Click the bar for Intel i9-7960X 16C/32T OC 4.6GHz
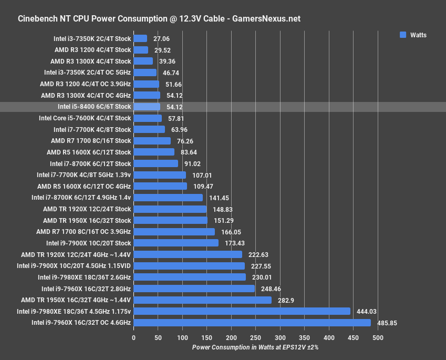[252, 323]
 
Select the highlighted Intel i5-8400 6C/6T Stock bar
[147, 107]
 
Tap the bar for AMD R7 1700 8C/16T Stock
[152, 141]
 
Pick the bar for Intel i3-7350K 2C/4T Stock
[140, 38]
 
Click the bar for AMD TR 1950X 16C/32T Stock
[171, 220]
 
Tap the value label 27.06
[161, 38]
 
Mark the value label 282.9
[284, 300]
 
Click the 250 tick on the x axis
[255, 337]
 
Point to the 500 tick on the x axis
[378, 337]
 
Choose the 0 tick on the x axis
[133, 337]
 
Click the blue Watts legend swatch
[403, 35]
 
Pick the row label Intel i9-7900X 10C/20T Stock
[88, 243]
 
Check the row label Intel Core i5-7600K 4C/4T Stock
[85, 118]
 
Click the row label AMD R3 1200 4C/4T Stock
[92, 50]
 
